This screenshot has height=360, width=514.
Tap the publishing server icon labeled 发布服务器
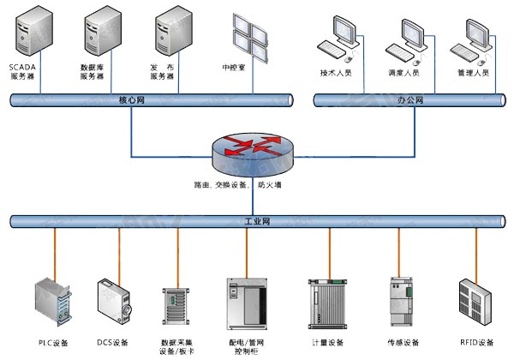tap(168, 34)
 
